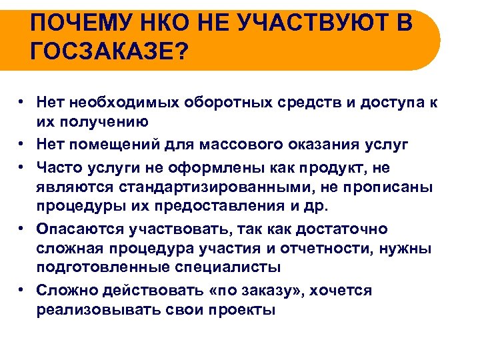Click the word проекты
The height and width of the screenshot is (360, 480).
tap(241, 309)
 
